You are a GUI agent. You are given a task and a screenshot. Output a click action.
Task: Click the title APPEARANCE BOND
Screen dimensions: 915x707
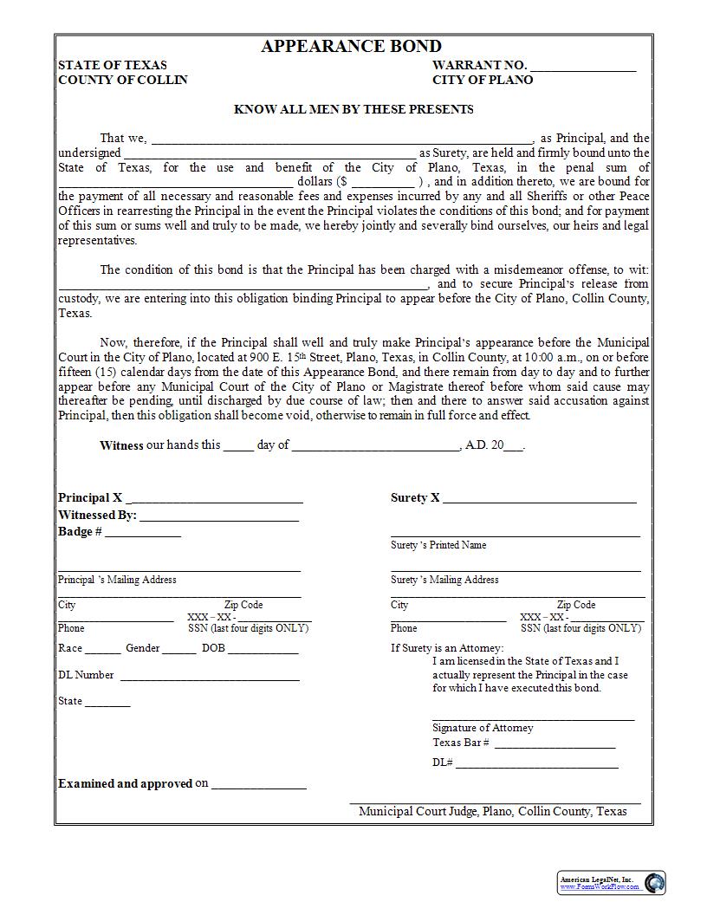pyautogui.click(x=351, y=47)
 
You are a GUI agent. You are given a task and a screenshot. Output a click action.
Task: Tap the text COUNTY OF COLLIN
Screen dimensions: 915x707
pyautogui.click(x=122, y=80)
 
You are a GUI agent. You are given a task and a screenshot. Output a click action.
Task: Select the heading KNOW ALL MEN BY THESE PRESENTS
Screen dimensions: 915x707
pyautogui.click(x=353, y=109)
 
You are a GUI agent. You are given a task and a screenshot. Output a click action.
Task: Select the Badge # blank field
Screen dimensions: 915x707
pyautogui.click(x=143, y=534)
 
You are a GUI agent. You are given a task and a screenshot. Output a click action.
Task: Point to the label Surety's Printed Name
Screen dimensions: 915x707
pyautogui.click(x=438, y=545)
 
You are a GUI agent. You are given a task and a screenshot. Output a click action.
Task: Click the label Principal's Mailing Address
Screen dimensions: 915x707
pyautogui.click(x=117, y=580)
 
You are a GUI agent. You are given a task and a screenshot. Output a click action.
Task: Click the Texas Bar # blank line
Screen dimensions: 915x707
pyautogui.click(x=555, y=744)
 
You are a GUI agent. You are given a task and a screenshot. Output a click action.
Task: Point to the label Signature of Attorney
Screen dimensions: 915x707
pyautogui.click(x=483, y=728)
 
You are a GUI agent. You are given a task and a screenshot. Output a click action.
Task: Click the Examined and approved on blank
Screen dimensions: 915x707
pyautogui.click(x=258, y=786)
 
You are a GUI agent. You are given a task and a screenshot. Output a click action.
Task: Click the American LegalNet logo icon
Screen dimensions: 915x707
pyautogui.click(x=655, y=882)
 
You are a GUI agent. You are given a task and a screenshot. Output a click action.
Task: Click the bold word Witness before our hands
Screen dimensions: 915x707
pyautogui.click(x=120, y=445)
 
